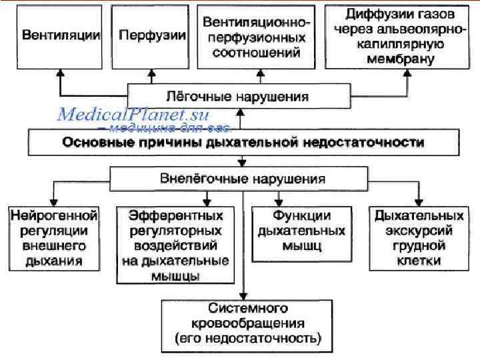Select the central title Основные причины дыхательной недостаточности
pyautogui.click(x=243, y=143)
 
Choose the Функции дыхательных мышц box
pyautogui.click(x=298, y=231)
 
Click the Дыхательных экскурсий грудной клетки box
pyautogui.click(x=417, y=238)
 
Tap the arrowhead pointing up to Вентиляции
pyautogui.click(x=60, y=71)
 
